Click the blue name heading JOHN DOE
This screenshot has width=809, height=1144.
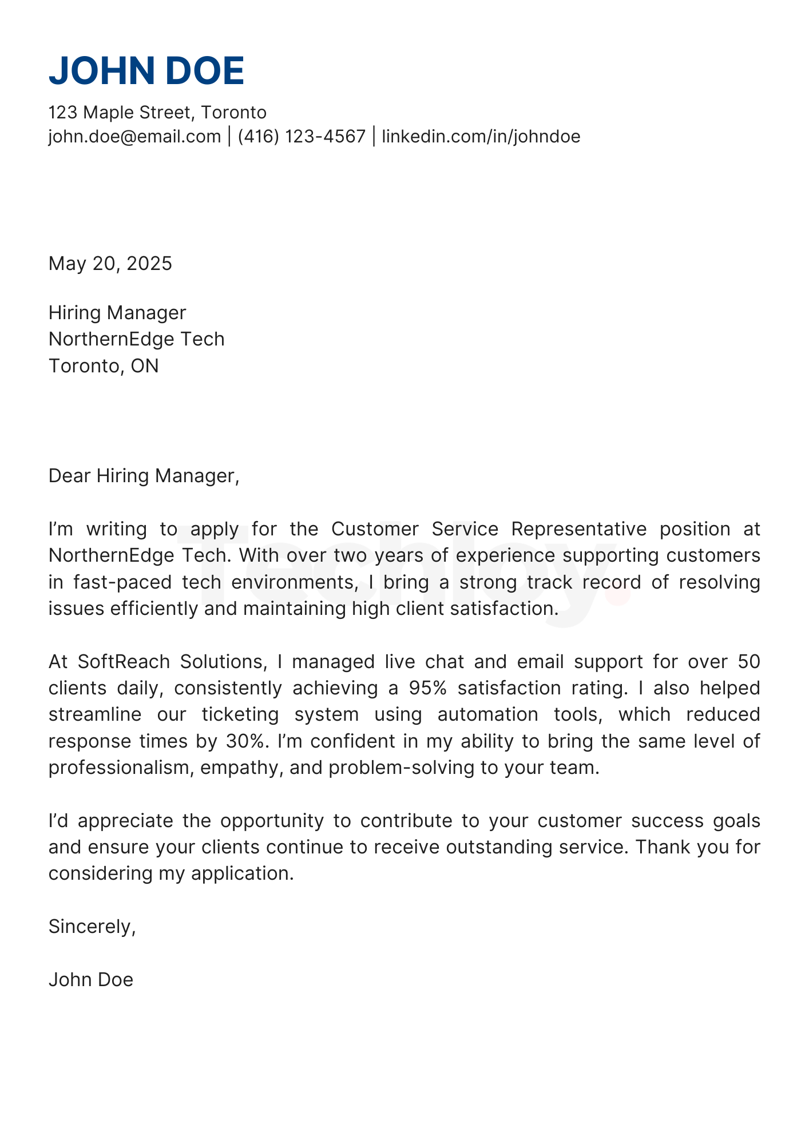click(x=146, y=71)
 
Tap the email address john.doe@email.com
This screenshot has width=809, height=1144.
click(x=134, y=137)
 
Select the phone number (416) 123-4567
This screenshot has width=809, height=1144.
click(x=302, y=137)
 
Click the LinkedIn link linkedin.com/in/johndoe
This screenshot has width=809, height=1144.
click(x=481, y=137)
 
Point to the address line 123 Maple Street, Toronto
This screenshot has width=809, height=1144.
click(x=157, y=112)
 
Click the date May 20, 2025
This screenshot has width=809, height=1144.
click(x=110, y=264)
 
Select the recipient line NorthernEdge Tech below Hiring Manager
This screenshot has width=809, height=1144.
click(x=137, y=339)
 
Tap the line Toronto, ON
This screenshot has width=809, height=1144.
click(x=104, y=366)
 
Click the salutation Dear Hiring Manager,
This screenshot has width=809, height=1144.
click(x=144, y=476)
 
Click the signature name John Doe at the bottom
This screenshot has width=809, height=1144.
click(x=91, y=980)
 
